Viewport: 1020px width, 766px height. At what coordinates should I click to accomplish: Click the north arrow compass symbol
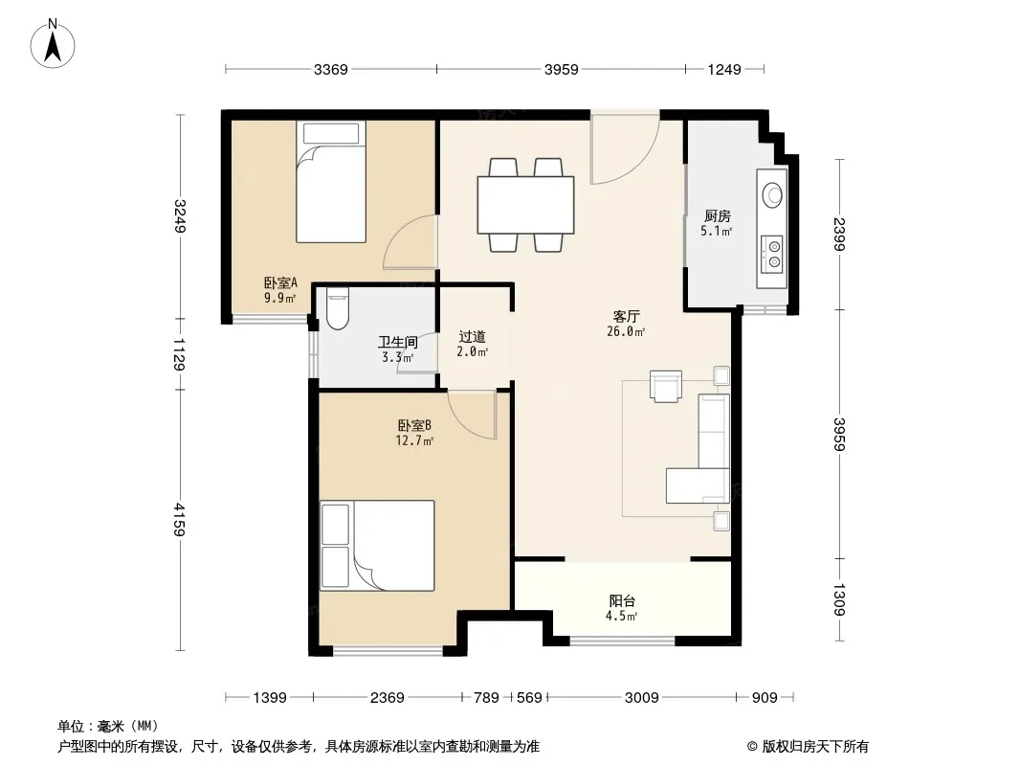[x=53, y=43]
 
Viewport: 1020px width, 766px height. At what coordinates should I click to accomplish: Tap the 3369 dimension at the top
[x=330, y=70]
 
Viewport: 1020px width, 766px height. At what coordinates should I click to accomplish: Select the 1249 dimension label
[x=724, y=70]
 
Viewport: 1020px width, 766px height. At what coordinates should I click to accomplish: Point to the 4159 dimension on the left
[x=180, y=520]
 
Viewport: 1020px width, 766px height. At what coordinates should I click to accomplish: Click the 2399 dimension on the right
[x=839, y=235]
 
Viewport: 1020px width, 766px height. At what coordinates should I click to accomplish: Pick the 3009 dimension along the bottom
[x=641, y=698]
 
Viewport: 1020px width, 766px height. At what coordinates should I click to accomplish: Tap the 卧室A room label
[x=280, y=283]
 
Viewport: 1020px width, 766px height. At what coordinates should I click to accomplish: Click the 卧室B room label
[x=414, y=426]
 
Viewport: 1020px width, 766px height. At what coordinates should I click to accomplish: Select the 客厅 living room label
[x=626, y=317]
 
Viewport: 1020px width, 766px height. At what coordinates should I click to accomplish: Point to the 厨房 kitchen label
[x=717, y=216]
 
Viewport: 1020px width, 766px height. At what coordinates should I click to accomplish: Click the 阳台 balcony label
[x=622, y=601]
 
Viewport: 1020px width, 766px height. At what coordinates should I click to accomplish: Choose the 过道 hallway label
[x=473, y=337]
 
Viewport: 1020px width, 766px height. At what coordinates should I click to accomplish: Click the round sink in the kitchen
[x=773, y=193]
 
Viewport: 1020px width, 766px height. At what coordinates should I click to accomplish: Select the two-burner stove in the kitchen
[x=773, y=254]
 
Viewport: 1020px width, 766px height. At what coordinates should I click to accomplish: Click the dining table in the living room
[x=525, y=205]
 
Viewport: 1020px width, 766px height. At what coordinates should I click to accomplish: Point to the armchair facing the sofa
[x=665, y=386]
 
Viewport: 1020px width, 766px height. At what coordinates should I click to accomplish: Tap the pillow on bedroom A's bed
[x=331, y=134]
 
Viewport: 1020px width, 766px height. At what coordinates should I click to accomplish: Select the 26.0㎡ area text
[x=626, y=332]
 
